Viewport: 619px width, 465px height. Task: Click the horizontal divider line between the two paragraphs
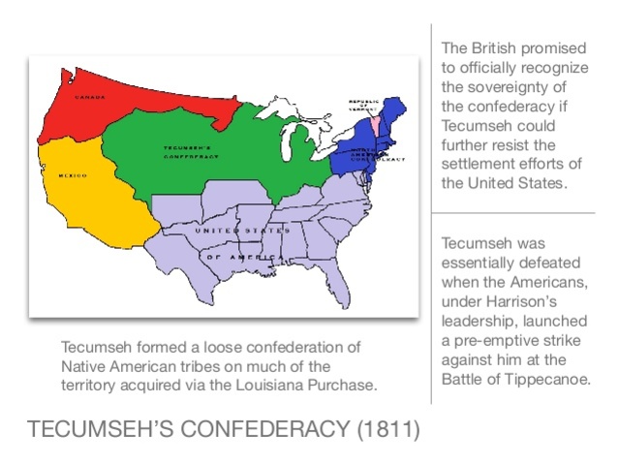(x=513, y=212)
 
